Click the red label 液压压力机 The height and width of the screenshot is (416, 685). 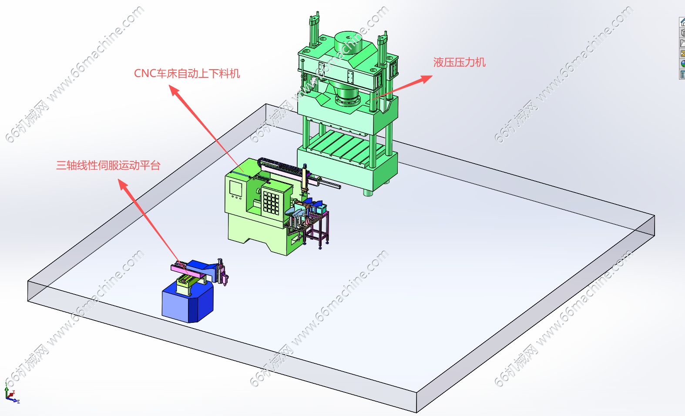tap(459, 62)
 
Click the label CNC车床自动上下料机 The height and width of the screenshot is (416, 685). tap(187, 74)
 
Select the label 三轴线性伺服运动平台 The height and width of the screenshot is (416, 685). tap(108, 165)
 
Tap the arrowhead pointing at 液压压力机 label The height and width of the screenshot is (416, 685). tap(426, 79)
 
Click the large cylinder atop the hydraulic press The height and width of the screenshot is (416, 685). tap(348, 42)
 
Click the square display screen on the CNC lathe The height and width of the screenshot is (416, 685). tap(236, 188)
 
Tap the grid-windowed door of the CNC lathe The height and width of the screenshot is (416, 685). tap(271, 202)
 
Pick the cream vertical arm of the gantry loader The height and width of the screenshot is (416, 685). tap(304, 180)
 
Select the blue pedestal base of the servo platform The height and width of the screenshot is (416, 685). tap(188, 302)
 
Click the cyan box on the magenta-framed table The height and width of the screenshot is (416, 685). tap(322, 209)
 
